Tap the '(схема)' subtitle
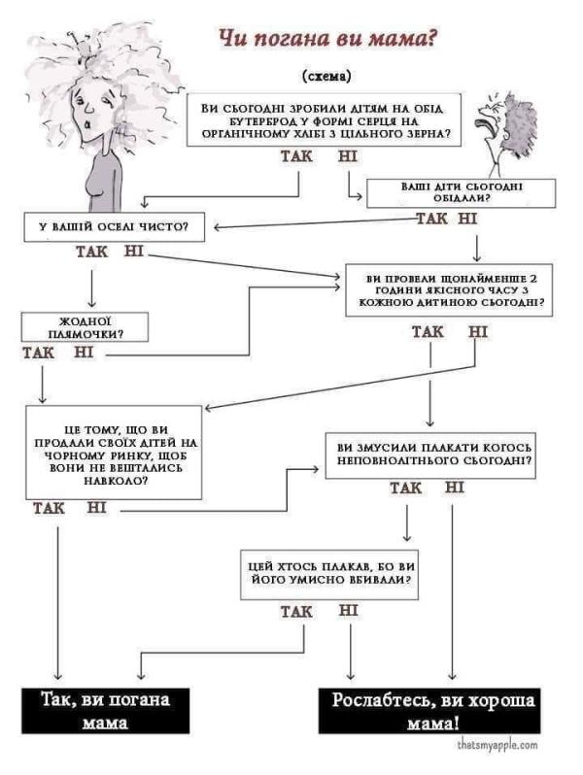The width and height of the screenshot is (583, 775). [x=327, y=75]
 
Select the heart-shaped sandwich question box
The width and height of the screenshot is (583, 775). [x=325, y=120]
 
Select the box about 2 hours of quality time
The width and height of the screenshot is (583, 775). [x=444, y=290]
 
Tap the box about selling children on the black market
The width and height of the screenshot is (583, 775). [x=115, y=453]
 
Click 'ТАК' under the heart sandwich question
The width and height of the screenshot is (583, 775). [x=297, y=157]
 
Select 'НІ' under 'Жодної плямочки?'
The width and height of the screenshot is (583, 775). [x=84, y=352]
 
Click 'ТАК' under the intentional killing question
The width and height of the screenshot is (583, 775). [x=296, y=612]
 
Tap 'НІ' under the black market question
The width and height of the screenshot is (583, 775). [x=96, y=507]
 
